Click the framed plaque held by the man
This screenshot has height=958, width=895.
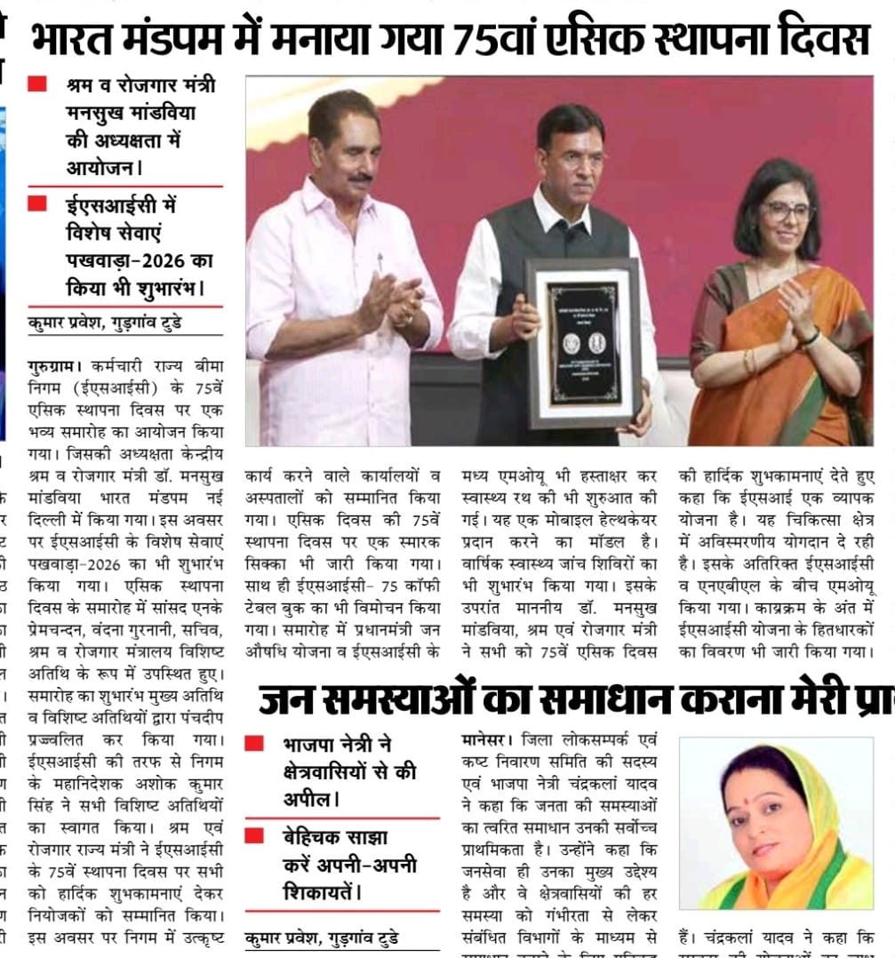584,342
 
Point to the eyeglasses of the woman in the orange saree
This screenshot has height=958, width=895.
787,212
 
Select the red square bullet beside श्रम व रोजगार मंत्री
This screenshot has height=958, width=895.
37,84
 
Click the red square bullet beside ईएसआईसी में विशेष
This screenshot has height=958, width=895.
37,204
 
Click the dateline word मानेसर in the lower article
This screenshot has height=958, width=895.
484,738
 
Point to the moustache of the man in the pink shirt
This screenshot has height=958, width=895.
358,179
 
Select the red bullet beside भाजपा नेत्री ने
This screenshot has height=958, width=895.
254,744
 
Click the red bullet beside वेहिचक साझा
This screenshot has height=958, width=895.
254,835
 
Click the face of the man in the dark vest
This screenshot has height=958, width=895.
571,154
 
